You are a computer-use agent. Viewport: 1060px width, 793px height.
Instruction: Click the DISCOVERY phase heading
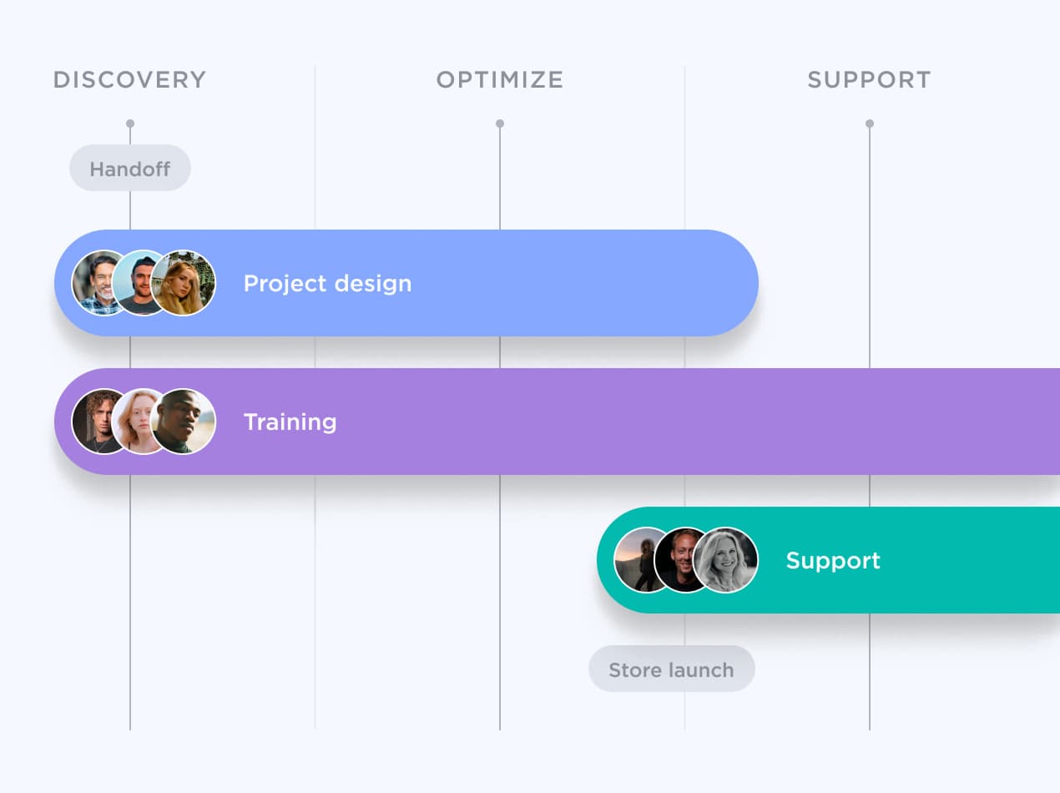(129, 80)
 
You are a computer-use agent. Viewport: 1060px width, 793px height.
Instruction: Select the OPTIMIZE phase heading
(500, 80)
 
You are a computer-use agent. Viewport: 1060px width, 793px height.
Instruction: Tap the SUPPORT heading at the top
(869, 80)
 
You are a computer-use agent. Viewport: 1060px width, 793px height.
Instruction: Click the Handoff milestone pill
(130, 169)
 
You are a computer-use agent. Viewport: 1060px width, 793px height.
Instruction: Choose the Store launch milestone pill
(671, 669)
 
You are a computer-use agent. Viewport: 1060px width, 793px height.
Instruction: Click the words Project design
(327, 284)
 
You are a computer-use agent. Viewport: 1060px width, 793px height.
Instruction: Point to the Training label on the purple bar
(290, 422)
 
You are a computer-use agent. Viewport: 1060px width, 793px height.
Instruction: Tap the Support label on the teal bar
(833, 560)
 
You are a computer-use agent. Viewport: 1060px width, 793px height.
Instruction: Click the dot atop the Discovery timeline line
(130, 124)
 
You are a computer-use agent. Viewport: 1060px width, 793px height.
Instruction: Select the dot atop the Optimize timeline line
(500, 124)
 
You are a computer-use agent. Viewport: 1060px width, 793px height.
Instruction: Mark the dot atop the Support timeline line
(870, 124)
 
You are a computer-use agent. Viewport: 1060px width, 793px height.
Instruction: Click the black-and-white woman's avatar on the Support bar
(727, 560)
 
